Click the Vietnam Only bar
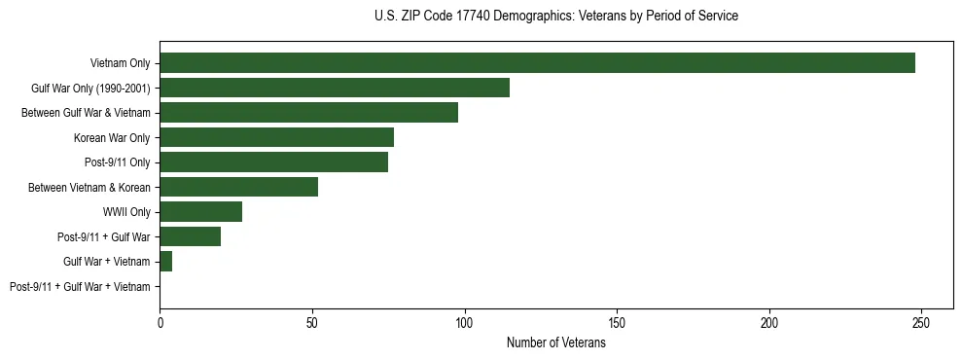click(537, 62)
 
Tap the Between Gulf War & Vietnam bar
click(308, 112)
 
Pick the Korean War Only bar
click(276, 137)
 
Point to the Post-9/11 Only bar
click(273, 162)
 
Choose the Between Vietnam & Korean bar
click(238, 187)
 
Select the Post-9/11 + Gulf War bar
click(190, 236)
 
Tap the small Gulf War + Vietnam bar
click(165, 262)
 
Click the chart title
click(555, 16)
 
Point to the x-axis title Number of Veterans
click(555, 342)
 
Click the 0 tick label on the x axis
click(160, 322)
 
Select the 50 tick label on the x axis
click(312, 322)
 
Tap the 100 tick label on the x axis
click(465, 322)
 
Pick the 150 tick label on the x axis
click(617, 322)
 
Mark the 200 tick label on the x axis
click(769, 322)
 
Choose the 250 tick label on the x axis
click(922, 322)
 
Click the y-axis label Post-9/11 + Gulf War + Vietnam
click(80, 287)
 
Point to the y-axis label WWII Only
click(121, 212)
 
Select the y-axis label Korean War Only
click(112, 137)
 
